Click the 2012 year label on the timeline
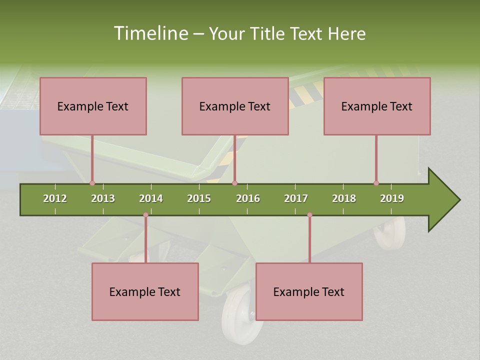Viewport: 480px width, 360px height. (x=55, y=198)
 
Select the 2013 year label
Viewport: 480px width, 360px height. (x=103, y=198)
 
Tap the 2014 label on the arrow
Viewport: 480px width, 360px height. (x=151, y=198)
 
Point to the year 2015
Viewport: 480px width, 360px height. (x=199, y=198)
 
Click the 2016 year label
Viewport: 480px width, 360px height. (x=248, y=198)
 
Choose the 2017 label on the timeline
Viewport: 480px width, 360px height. (x=296, y=198)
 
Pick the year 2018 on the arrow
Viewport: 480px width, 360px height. (x=344, y=198)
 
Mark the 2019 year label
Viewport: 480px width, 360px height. (x=392, y=198)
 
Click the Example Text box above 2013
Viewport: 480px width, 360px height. (x=93, y=106)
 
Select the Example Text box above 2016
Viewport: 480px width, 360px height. (x=235, y=106)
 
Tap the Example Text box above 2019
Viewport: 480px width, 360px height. (x=377, y=106)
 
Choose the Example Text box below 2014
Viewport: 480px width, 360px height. (x=145, y=291)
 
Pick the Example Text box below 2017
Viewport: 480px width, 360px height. (x=309, y=291)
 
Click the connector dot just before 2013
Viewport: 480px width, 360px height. (x=92, y=183)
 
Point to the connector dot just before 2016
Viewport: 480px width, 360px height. (x=235, y=183)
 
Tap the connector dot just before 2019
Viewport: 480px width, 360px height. (x=376, y=183)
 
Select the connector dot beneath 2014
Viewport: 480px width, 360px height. (x=145, y=215)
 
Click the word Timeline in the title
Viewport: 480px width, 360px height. (x=150, y=33)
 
